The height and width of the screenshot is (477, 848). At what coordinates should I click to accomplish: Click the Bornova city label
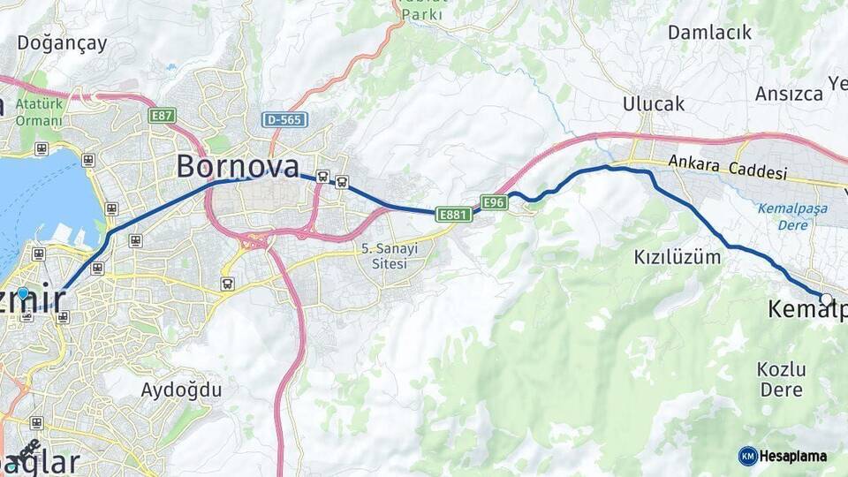point(238,165)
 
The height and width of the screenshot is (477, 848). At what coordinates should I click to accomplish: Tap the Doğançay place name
point(62,42)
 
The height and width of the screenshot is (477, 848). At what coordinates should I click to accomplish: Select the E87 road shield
point(163,115)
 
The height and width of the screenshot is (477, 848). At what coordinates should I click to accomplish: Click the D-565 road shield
point(284,119)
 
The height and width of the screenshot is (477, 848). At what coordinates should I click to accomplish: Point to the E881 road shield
point(452,214)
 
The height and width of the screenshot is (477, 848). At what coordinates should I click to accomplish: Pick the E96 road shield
point(494,202)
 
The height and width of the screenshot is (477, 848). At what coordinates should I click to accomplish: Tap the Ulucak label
point(654,103)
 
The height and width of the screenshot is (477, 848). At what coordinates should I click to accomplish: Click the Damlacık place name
point(709,33)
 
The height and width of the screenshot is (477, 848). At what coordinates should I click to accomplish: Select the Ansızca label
point(789,94)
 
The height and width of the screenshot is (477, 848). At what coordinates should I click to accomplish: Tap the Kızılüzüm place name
point(678,257)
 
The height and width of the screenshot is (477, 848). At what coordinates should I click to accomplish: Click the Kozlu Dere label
point(780,378)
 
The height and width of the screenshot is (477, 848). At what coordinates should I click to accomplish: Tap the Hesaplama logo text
point(792,457)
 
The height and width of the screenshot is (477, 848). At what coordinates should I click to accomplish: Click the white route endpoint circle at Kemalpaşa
point(826,299)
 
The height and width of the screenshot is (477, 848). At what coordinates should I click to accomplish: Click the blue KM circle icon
point(747,456)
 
